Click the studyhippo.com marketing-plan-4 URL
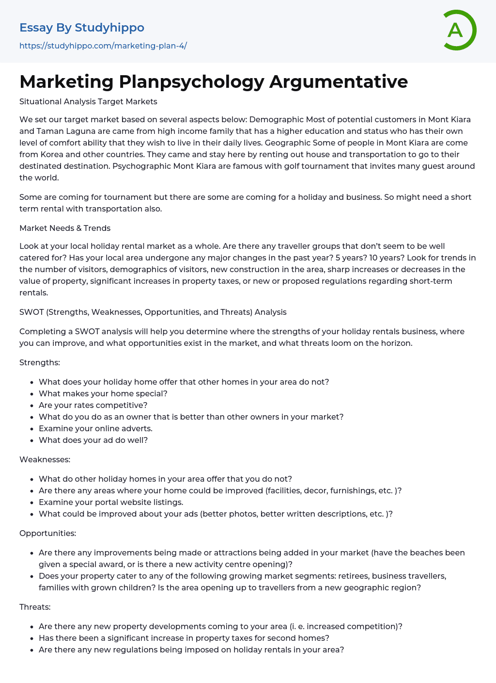point(103,46)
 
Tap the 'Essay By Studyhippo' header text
point(82,28)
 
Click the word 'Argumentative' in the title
point(339,81)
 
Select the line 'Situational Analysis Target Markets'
point(88,102)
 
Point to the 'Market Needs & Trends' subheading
point(65,228)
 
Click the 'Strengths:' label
point(40,362)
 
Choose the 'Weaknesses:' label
point(45,459)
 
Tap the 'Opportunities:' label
point(48,533)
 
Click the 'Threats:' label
point(35,607)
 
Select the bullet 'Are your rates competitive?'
point(93,405)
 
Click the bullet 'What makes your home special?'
point(103,393)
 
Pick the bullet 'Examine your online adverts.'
point(95,428)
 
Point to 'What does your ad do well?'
point(93,440)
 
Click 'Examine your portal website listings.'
point(111,502)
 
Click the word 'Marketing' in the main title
point(66,81)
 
